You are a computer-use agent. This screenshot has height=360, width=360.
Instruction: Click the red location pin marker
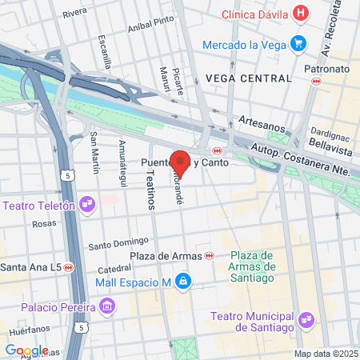pyautogui.click(x=181, y=162)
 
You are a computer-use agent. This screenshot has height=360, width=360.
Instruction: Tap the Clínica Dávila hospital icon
pyautogui.click(x=301, y=13)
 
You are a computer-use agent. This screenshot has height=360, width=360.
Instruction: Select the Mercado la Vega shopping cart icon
pyautogui.click(x=299, y=43)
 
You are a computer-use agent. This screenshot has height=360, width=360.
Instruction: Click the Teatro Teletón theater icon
pyautogui.click(x=89, y=206)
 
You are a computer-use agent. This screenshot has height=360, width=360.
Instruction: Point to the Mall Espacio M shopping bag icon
pyautogui.click(x=183, y=282)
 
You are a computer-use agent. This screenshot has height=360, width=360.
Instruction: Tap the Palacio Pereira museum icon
pyautogui.click(x=106, y=306)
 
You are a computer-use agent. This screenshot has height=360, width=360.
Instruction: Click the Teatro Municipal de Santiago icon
pyautogui.click(x=304, y=321)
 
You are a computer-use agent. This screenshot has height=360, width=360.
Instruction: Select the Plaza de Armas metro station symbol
pyautogui.click(x=210, y=256)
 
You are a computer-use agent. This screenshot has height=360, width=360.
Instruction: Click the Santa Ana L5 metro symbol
pyautogui.click(x=69, y=266)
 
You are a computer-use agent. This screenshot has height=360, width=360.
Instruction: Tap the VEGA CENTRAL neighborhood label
pyautogui.click(x=248, y=78)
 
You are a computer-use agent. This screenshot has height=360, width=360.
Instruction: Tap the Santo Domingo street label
pyautogui.click(x=119, y=243)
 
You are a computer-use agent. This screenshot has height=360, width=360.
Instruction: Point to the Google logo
pyautogui.click(x=26, y=350)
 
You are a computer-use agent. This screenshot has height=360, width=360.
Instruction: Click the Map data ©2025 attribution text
pyautogui.click(x=326, y=354)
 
